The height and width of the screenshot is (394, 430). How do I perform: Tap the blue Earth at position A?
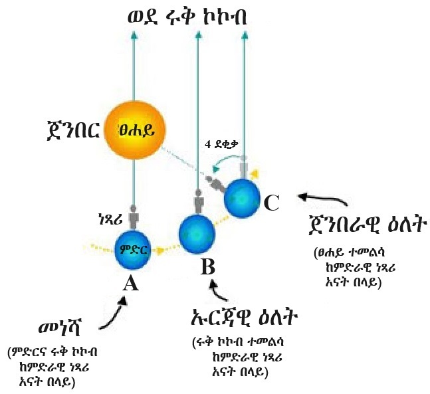(x=134, y=250)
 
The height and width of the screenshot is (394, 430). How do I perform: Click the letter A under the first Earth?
(x=131, y=284)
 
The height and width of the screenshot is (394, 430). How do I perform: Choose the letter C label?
(x=270, y=202)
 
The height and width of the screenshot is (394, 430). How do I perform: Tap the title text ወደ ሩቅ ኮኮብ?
(x=187, y=16)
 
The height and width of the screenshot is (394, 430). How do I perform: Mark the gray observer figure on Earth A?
(x=134, y=217)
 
